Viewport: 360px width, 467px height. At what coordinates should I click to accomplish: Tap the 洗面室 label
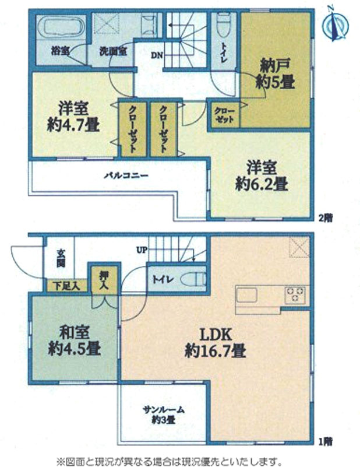114,51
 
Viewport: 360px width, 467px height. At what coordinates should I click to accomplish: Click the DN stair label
157,55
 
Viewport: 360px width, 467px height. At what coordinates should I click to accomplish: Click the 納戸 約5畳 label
276,74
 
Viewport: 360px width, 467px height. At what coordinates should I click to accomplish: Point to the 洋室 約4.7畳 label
73,117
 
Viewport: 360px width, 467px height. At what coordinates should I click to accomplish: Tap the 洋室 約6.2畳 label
262,175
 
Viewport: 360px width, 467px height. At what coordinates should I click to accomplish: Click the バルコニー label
126,175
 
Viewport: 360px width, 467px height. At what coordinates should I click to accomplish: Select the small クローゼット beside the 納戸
225,115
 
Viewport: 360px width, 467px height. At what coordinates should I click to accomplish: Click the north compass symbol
336,24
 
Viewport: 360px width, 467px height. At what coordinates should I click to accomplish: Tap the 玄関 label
61,258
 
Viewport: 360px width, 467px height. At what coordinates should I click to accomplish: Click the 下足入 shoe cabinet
67,286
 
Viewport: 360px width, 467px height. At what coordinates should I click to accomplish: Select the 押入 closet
105,280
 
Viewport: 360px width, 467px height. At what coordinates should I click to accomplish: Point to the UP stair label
142,250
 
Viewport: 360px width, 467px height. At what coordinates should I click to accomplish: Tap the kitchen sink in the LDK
246,296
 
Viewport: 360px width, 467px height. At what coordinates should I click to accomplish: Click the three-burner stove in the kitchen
295,294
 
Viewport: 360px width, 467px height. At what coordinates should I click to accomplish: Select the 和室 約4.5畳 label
74,340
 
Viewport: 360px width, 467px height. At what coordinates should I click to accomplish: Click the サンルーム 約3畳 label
163,415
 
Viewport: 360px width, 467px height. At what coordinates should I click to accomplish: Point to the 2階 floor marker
325,218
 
